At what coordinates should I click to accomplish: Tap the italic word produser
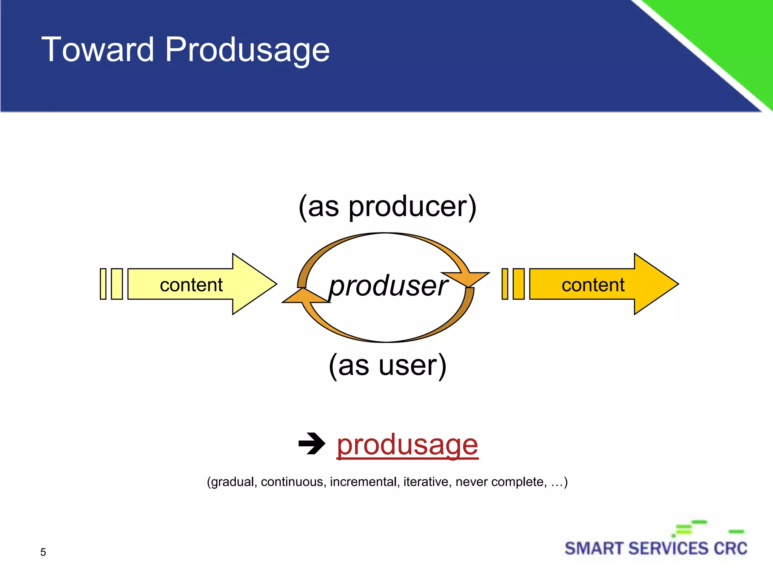(388, 286)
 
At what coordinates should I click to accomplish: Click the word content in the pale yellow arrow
(191, 285)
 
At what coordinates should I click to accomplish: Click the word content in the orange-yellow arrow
(593, 285)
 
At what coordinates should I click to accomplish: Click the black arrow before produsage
(311, 443)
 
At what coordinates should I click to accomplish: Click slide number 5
(43, 552)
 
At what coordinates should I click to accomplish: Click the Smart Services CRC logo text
(656, 549)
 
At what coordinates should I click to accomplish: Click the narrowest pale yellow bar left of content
(103, 284)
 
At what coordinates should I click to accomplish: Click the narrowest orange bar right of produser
(505, 284)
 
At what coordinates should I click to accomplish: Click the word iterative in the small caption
(426, 482)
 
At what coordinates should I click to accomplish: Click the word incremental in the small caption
(363, 482)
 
